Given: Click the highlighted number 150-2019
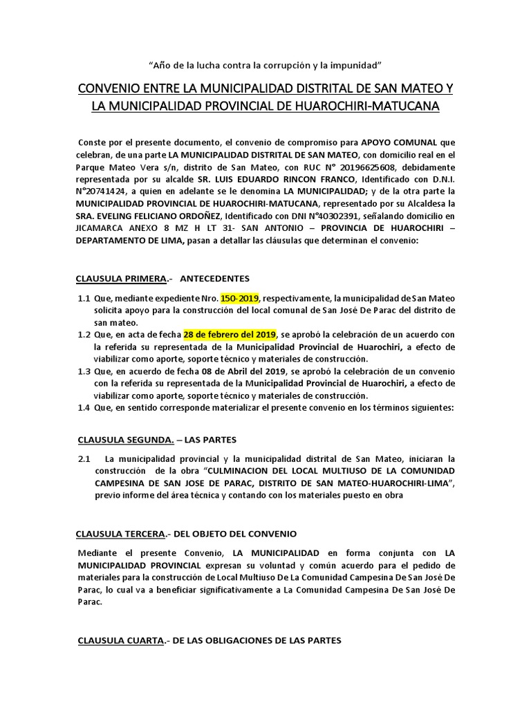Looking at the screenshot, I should click(x=240, y=298).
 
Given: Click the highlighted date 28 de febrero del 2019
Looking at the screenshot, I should click(x=230, y=334).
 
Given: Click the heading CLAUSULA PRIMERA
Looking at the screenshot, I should click(x=121, y=279).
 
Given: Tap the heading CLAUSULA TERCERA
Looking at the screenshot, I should click(x=120, y=534).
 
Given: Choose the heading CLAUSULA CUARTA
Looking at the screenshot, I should click(x=120, y=641).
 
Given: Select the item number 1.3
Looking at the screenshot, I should click(x=84, y=371).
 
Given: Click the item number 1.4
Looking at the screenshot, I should click(x=84, y=407).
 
